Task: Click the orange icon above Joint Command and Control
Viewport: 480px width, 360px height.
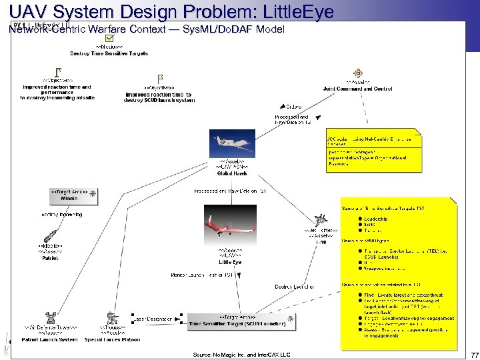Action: tap(359, 73)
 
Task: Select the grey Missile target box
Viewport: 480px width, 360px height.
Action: tap(74, 195)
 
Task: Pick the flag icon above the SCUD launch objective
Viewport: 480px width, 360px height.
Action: tap(159, 78)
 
